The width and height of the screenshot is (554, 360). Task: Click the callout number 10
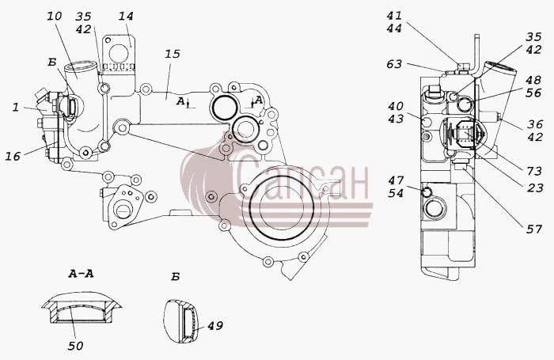[55, 16]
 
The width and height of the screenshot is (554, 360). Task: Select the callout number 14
[126, 16]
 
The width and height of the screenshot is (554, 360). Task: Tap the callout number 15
[172, 54]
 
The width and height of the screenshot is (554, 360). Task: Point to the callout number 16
[13, 156]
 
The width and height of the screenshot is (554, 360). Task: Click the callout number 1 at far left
[16, 107]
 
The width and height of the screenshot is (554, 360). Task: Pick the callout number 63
[394, 64]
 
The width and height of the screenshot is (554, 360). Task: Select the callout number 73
[534, 171]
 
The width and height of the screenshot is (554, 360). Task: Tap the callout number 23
[535, 188]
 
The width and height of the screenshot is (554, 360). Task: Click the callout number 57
[534, 229]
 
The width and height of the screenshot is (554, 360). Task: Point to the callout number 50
[75, 346]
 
